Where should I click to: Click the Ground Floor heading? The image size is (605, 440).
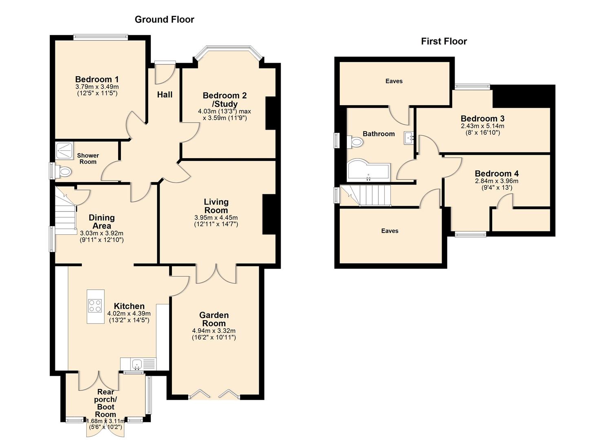click(164, 20)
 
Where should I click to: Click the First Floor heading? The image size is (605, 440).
click(444, 41)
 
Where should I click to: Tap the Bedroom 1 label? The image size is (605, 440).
click(97, 79)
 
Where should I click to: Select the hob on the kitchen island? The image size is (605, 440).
click(95, 306)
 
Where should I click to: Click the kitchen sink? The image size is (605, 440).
click(137, 363)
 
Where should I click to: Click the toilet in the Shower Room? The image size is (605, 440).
click(63, 172)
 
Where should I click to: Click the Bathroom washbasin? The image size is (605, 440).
click(409, 138)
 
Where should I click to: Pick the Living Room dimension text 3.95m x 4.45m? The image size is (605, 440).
click(216, 218)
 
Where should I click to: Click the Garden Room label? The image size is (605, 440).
click(214, 319)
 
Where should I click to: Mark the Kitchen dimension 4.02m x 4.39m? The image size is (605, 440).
click(129, 314)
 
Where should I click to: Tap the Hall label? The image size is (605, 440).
click(165, 95)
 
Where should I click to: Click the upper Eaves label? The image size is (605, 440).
click(394, 81)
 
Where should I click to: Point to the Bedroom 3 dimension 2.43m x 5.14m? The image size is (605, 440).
click(482, 126)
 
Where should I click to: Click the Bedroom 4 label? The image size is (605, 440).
click(497, 174)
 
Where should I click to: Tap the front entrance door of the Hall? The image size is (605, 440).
click(165, 63)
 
